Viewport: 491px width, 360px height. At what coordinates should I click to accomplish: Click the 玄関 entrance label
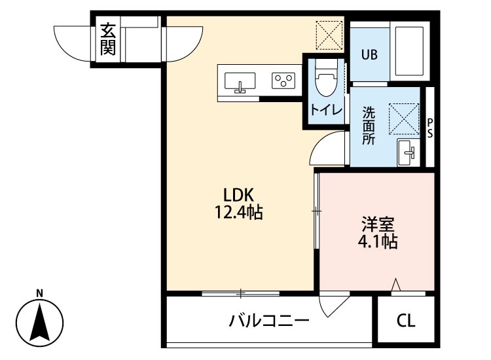pyautogui.click(x=107, y=39)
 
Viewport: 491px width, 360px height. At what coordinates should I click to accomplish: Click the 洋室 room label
pyautogui.click(x=378, y=224)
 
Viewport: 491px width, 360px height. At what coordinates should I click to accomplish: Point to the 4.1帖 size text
pyautogui.click(x=378, y=242)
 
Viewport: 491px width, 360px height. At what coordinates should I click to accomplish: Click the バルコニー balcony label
pyautogui.click(x=268, y=321)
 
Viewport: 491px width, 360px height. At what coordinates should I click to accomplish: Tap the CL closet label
pyautogui.click(x=406, y=321)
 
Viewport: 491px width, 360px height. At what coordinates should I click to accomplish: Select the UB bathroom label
pyautogui.click(x=369, y=54)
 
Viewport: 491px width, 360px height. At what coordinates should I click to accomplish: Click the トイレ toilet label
pyautogui.click(x=325, y=110)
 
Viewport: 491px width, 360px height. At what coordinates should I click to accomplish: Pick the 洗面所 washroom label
pyautogui.click(x=369, y=125)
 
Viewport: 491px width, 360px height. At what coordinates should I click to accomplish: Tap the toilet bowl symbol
pyautogui.click(x=325, y=80)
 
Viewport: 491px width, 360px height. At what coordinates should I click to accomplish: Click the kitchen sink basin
pyautogui.click(x=241, y=82)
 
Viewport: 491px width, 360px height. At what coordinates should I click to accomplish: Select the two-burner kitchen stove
pyautogui.click(x=283, y=81)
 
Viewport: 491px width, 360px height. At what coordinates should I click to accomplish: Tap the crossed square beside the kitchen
pyautogui.click(x=329, y=34)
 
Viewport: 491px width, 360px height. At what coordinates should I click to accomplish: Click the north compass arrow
pyautogui.click(x=39, y=322)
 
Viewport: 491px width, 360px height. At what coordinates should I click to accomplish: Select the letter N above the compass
pyautogui.click(x=39, y=293)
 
